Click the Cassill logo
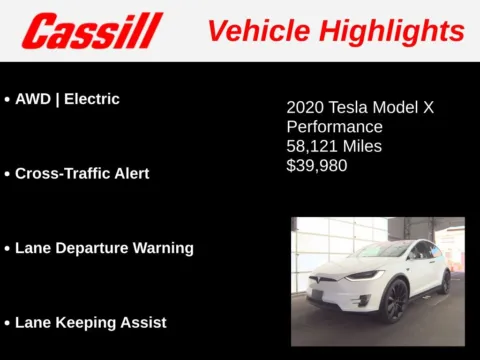(x=91, y=30)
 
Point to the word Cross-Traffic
(x=61, y=173)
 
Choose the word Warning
(x=164, y=247)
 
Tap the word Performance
(x=334, y=127)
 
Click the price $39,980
(x=317, y=165)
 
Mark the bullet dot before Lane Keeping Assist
(x=7, y=323)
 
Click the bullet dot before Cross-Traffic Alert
(x=7, y=174)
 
